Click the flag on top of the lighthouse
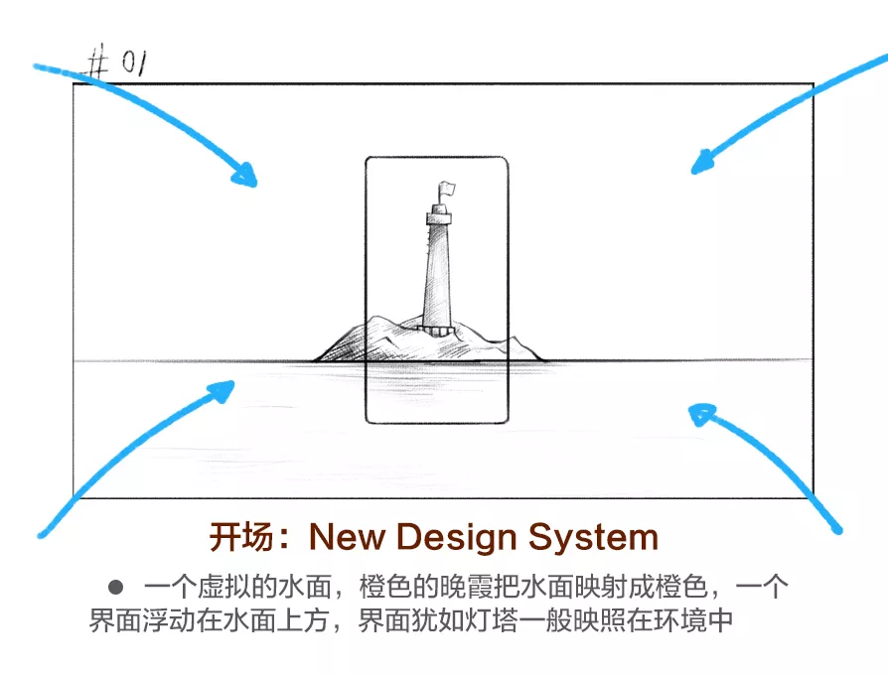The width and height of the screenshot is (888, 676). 446,187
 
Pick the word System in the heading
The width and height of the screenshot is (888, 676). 593,538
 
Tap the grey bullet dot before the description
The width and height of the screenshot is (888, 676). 115,587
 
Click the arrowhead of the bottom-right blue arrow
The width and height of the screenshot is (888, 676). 701,411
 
